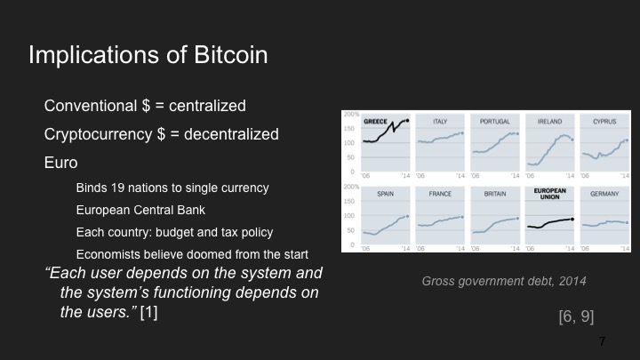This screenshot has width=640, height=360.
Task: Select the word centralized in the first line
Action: pyautogui.click(x=202, y=107)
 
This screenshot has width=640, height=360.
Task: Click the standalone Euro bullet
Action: pyautogui.click(x=60, y=164)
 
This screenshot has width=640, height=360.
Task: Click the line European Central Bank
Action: pyautogui.click(x=140, y=211)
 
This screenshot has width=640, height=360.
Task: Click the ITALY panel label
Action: pyautogui.click(x=440, y=120)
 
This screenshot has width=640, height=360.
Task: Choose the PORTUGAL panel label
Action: pyautogui.click(x=494, y=120)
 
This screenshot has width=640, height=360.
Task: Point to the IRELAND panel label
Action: pyautogui.click(x=548, y=120)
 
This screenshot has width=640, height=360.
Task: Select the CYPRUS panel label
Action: pyautogui.click(x=604, y=120)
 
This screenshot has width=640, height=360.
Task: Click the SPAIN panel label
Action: pyautogui.click(x=386, y=192)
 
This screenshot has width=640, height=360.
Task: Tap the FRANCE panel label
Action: pyautogui.click(x=440, y=192)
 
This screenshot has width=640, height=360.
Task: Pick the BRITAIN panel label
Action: pyautogui.click(x=494, y=192)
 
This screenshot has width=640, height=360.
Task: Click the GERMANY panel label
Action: pyautogui.click(x=604, y=192)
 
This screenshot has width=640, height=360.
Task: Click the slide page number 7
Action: pyautogui.click(x=603, y=341)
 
